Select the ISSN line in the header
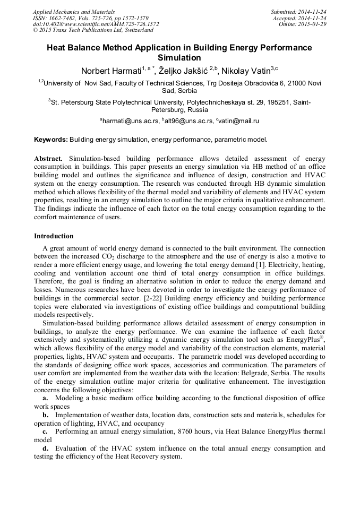pos(90,18)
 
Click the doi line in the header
pos(96,24)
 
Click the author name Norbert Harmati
pos(112,71)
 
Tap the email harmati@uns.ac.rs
pos(131,121)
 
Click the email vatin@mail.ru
pos(238,121)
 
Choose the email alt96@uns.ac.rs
pos(188,121)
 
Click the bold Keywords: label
pos(51,140)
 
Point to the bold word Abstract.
pos(48,159)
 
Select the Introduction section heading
pos(54,236)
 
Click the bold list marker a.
pos(45,397)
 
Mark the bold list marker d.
pos(45,448)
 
